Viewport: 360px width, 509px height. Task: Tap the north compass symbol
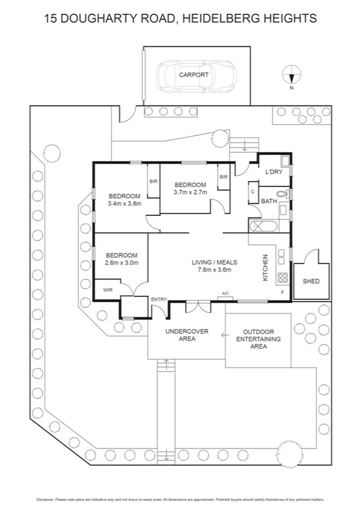coord(291,76)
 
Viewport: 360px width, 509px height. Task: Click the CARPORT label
coord(193,75)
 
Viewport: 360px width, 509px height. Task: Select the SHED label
coord(311,281)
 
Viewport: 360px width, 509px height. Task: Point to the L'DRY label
coord(273,172)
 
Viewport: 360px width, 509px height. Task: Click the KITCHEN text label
coord(266,268)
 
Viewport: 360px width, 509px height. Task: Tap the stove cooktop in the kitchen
coord(282,278)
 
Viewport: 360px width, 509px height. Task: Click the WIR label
coord(108,290)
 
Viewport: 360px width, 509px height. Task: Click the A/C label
coord(225,293)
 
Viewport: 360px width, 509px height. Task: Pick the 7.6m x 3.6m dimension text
coord(214,270)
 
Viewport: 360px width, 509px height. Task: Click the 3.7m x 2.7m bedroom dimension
coord(190,192)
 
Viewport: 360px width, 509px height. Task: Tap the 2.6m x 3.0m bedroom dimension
coord(122,263)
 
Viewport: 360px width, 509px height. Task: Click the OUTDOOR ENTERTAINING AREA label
coord(258,339)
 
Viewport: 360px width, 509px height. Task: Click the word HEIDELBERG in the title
coord(219,19)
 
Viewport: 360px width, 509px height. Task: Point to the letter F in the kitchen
coord(282,292)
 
